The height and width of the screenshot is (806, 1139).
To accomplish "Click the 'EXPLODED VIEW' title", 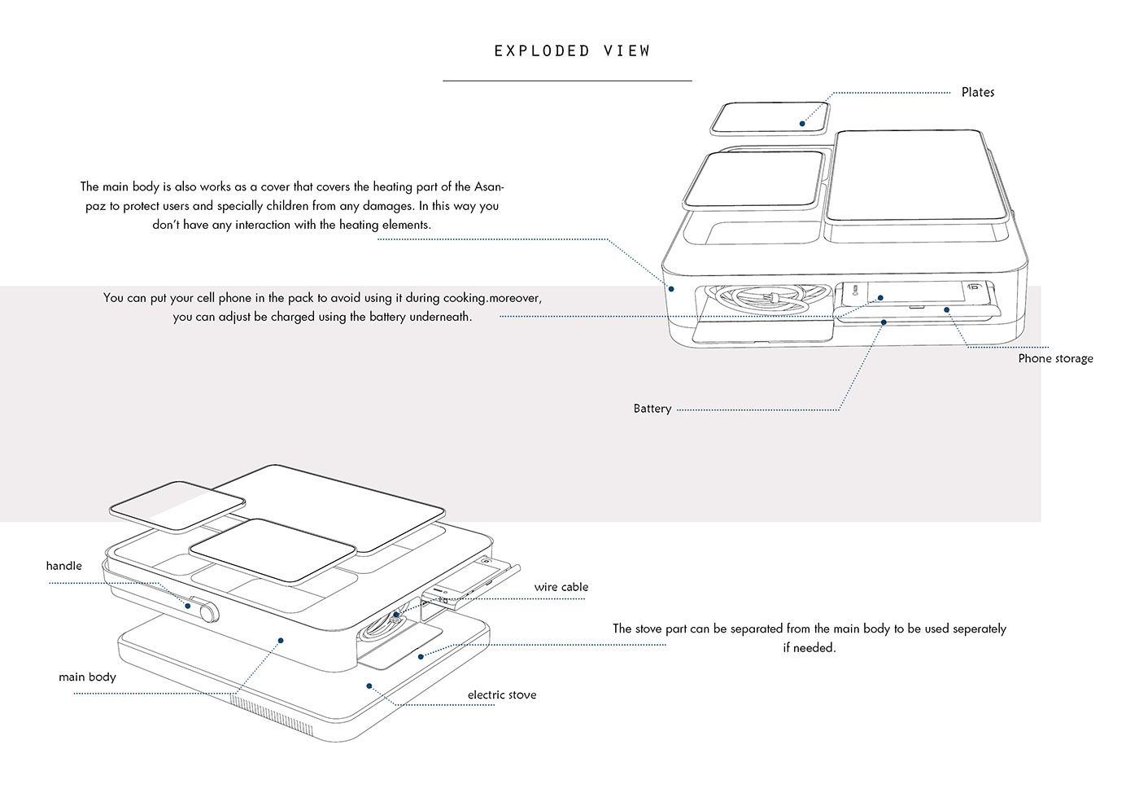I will pyautogui.click(x=572, y=50).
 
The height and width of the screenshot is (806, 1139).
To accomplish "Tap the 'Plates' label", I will pyautogui.click(x=977, y=92).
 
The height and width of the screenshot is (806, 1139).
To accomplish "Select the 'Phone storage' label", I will pyautogui.click(x=1055, y=358).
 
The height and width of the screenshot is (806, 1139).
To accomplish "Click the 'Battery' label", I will pyautogui.click(x=652, y=409).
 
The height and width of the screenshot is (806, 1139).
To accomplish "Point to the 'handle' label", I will pyautogui.click(x=63, y=566).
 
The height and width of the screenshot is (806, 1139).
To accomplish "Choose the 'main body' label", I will pyautogui.click(x=87, y=677).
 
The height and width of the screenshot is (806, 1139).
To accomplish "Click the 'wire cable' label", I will pyautogui.click(x=561, y=587).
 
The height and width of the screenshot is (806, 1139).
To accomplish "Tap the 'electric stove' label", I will pyautogui.click(x=502, y=694).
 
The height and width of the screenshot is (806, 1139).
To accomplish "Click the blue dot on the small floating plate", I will pyautogui.click(x=802, y=124).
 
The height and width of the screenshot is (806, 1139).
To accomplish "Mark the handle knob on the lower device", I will pyautogui.click(x=204, y=609).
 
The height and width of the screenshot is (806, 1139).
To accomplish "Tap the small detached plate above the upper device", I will pyautogui.click(x=769, y=118).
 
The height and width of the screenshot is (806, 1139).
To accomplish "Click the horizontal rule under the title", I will pyautogui.click(x=567, y=81).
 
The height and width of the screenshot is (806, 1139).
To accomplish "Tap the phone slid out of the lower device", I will pyautogui.click(x=468, y=585).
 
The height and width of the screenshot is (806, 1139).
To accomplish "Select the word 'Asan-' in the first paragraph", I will pyautogui.click(x=487, y=186).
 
